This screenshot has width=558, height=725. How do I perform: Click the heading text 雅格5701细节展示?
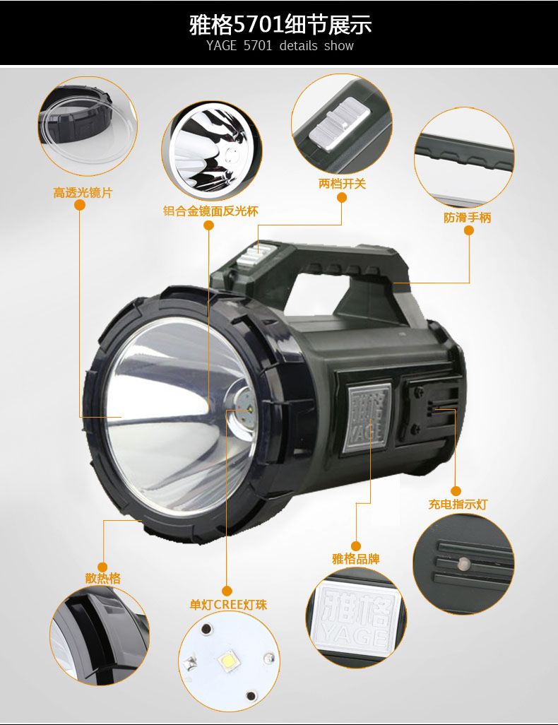280,24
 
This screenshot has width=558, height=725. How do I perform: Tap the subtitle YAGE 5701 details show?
280,46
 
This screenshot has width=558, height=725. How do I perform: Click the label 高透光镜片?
83,192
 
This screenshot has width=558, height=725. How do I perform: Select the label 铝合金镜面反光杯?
210,211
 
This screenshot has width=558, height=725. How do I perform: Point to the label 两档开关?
342,184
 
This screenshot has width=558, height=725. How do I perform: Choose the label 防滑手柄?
468,218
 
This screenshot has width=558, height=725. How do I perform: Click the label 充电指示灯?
458,504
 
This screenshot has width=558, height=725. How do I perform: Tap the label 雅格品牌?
356,558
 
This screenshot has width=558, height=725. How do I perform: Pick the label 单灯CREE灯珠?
228,605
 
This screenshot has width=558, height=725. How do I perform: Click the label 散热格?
103,578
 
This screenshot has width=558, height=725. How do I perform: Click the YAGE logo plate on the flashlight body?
369,418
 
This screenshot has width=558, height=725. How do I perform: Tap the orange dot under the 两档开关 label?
342,197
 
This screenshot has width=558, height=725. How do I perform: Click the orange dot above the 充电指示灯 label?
456,490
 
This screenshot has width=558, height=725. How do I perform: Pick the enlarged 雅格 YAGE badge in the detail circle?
357,616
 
